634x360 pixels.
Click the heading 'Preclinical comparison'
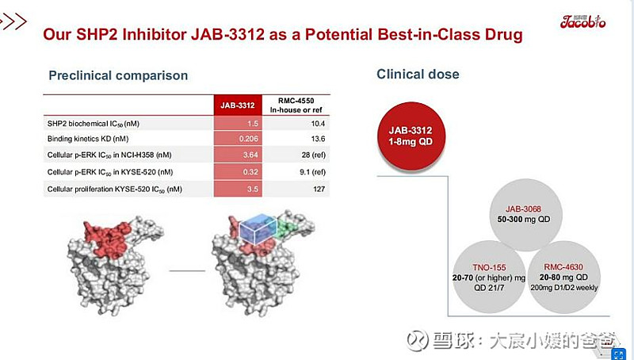[118, 75]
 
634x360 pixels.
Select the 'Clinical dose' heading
[418, 75]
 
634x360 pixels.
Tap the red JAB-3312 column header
[239, 105]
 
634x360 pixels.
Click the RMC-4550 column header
[297, 105]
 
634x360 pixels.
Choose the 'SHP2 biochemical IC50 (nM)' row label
[94, 124]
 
